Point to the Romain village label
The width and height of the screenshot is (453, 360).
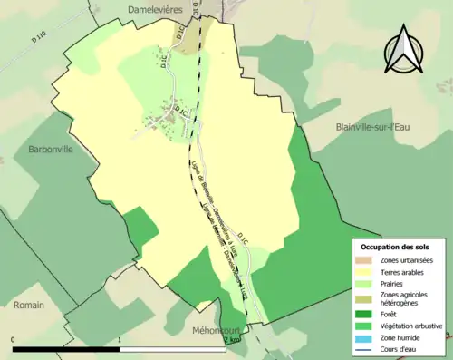[x=29, y=306]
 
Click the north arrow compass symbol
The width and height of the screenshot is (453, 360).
[x=405, y=53]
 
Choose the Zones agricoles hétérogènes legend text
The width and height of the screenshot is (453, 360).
[x=405, y=299]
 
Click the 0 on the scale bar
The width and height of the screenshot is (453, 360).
[x=14, y=340]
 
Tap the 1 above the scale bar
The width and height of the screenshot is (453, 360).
[x=120, y=340]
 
